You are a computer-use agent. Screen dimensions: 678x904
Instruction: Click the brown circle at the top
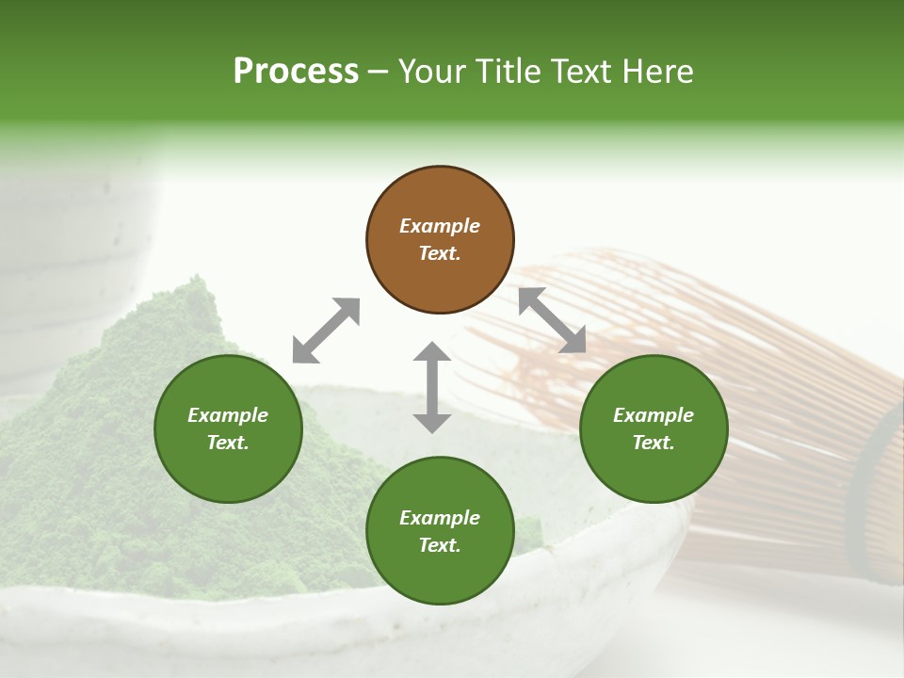pyautogui.click(x=440, y=240)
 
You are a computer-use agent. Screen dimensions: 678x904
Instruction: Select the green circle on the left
pyautogui.click(x=228, y=429)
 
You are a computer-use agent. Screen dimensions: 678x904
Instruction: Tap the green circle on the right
pyautogui.click(x=654, y=429)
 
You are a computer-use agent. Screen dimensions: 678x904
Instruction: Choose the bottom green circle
pyautogui.click(x=440, y=531)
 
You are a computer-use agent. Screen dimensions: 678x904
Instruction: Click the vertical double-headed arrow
pyautogui.click(x=432, y=387)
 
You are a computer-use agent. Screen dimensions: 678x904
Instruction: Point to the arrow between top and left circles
pyautogui.click(x=326, y=331)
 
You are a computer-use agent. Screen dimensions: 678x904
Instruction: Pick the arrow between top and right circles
pyautogui.click(x=552, y=321)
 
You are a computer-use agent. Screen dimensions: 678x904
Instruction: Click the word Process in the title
pyautogui.click(x=296, y=72)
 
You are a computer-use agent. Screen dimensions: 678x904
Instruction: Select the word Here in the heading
pyautogui.click(x=659, y=72)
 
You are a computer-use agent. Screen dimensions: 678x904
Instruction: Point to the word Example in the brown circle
pyautogui.click(x=440, y=226)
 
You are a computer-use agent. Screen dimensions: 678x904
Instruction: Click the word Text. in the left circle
pyautogui.click(x=228, y=443)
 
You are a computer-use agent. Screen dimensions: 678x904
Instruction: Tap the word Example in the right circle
pyautogui.click(x=654, y=415)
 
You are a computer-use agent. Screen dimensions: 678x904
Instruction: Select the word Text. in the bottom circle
pyautogui.click(x=440, y=545)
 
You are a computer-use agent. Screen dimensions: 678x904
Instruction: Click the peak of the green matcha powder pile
pyautogui.click(x=196, y=283)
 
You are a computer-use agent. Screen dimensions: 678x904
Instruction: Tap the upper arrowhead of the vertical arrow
pyautogui.click(x=432, y=352)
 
